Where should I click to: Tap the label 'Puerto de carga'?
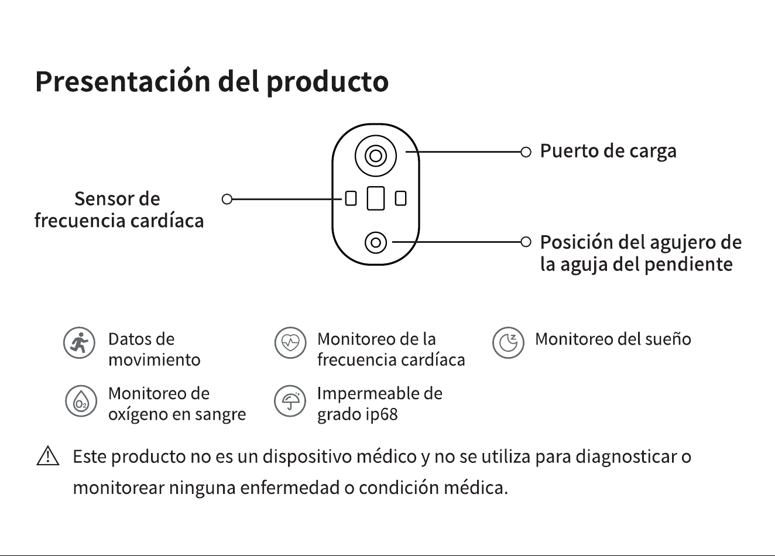608,151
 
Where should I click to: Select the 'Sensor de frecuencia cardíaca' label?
119,210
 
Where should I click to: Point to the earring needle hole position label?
641,253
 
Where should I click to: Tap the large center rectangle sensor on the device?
376,198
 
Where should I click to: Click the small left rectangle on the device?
351,198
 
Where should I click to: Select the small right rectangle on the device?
400,198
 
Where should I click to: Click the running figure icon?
79,343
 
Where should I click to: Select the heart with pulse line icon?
290,343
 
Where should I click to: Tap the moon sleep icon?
508,343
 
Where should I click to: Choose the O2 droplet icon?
81,401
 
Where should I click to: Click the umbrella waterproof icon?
290,401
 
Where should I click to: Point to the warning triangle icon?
48,456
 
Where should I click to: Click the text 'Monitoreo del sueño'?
613,339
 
